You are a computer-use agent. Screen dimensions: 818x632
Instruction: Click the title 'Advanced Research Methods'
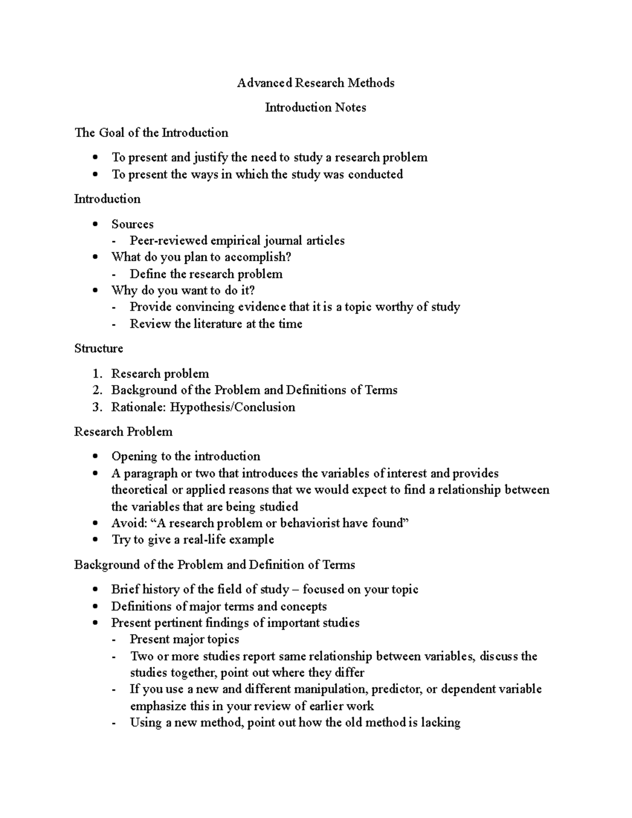click(315, 83)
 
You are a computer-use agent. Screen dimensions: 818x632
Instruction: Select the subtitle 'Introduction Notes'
click(315, 107)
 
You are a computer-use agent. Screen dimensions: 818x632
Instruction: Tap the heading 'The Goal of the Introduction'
click(151, 132)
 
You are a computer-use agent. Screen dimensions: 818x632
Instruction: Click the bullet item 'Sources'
click(132, 224)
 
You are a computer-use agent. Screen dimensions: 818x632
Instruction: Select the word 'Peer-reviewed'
click(169, 241)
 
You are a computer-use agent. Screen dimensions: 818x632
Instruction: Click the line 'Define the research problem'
click(206, 274)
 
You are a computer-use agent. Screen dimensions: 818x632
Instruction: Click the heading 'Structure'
click(98, 349)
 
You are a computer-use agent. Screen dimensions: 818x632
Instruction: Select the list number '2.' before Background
click(97, 390)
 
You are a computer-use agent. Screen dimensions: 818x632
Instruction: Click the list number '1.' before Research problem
click(97, 374)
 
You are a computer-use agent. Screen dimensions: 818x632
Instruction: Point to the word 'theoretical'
click(140, 490)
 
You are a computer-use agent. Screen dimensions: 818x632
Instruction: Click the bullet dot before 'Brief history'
click(95, 589)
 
